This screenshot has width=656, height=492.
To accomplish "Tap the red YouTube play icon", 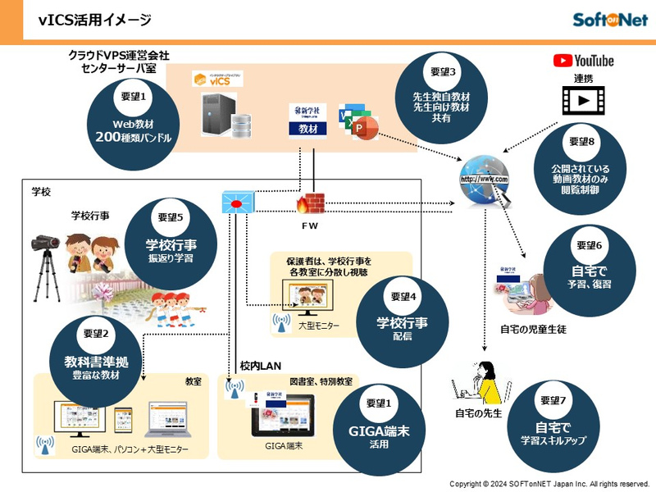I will pos(563,60).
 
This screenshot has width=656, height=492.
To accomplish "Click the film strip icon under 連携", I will pos(582,100).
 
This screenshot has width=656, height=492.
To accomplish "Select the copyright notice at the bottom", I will pos(549,483).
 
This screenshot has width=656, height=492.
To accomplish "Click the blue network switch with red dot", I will pos(238,202).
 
